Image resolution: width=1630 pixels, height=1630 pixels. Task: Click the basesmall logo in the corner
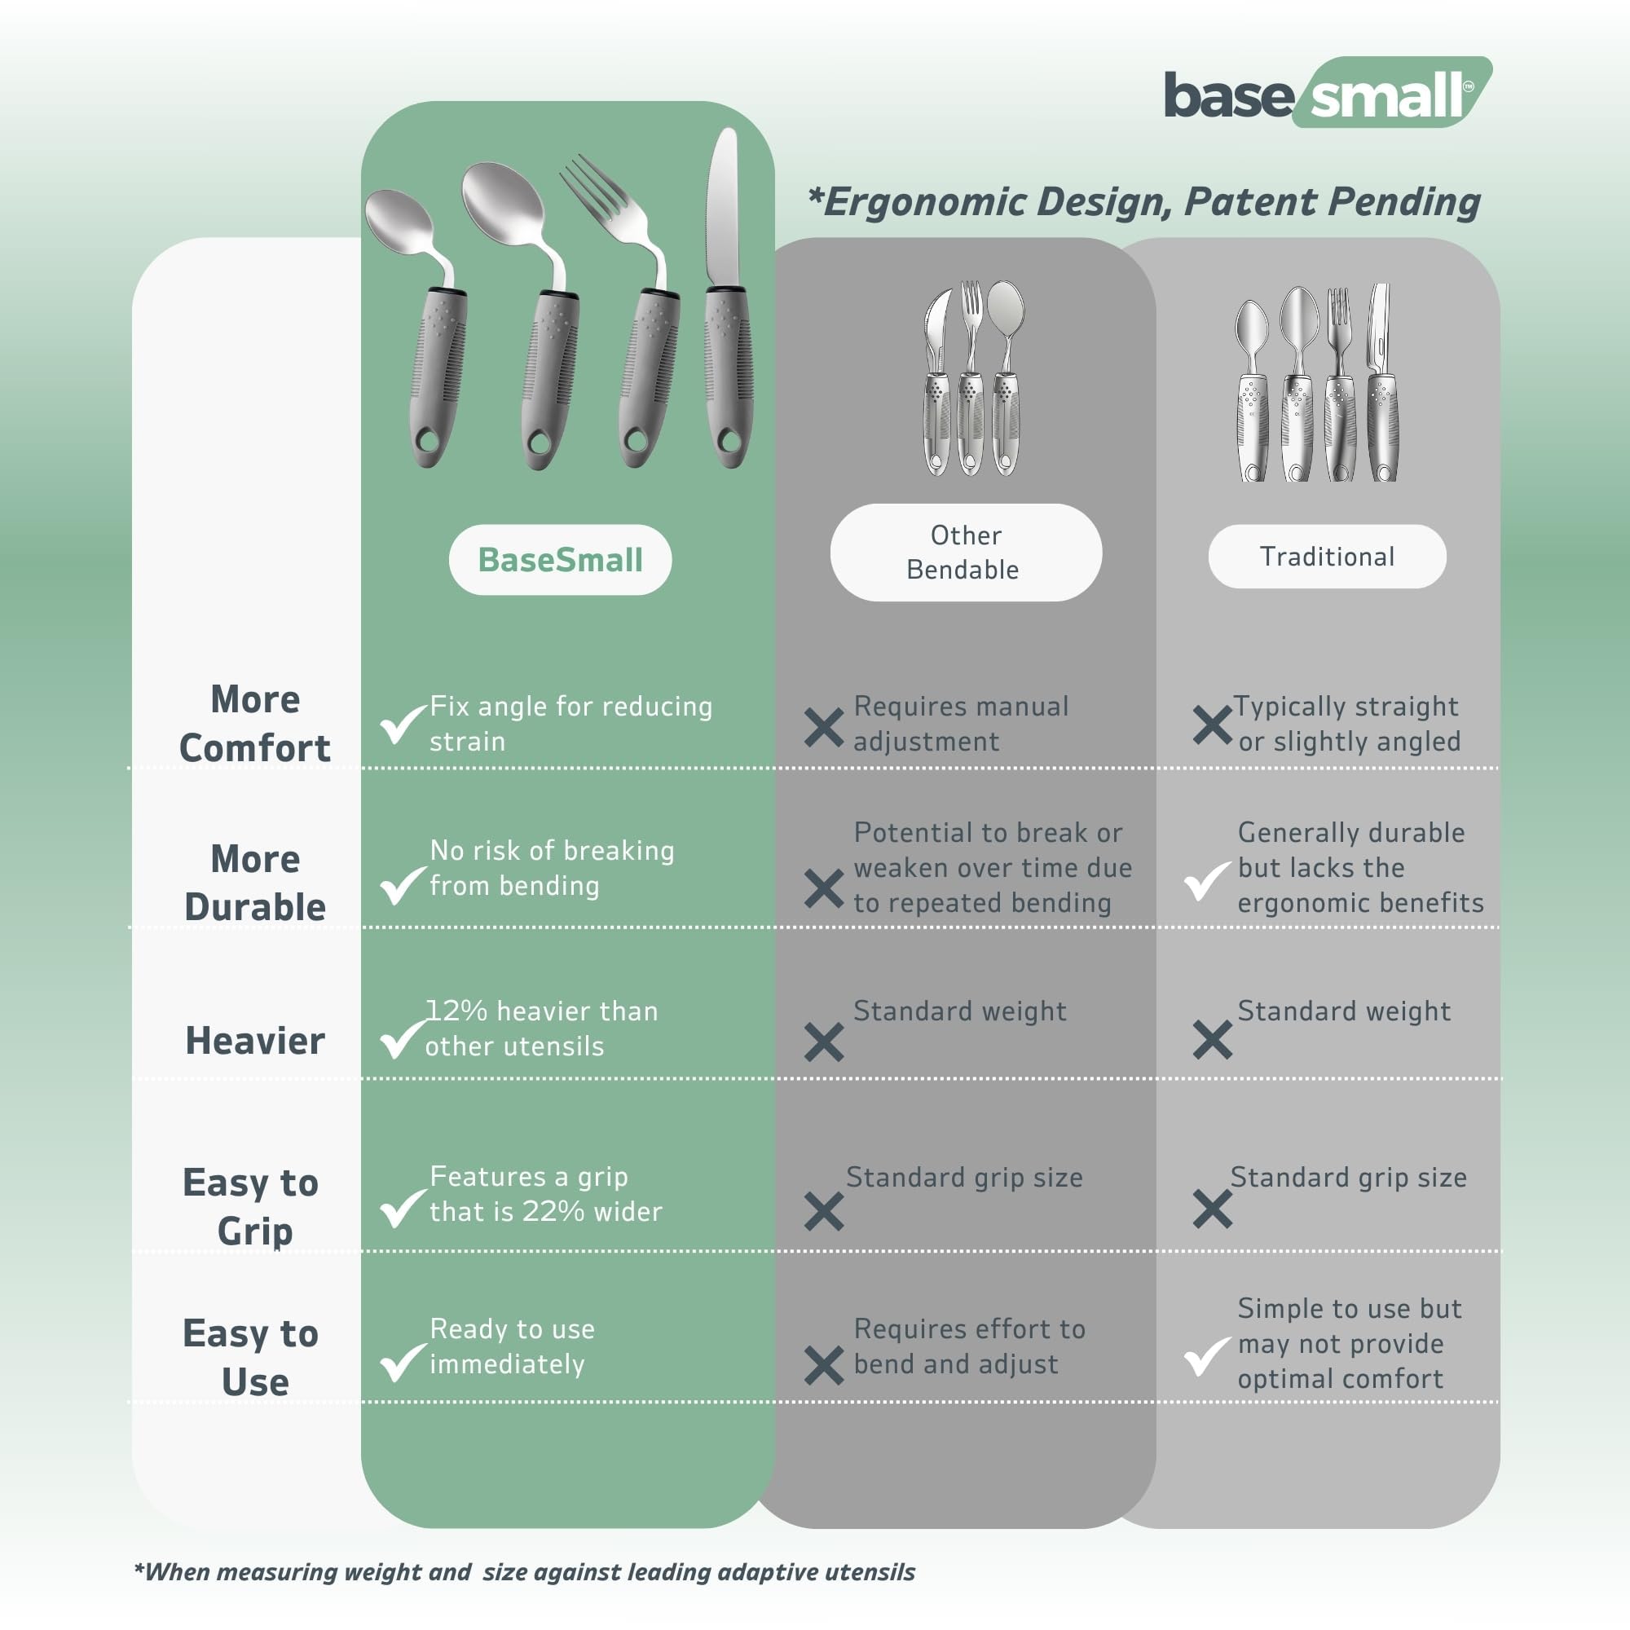pyautogui.click(x=1328, y=93)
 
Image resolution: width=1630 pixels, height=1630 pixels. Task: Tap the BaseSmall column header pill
pyautogui.click(x=560, y=559)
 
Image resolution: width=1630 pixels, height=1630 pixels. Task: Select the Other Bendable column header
pyautogui.click(x=966, y=553)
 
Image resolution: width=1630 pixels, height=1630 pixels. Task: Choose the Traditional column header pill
pyautogui.click(x=1327, y=557)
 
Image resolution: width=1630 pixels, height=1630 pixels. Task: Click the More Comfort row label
pyautogui.click(x=255, y=724)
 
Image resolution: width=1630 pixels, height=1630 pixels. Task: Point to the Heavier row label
pyautogui.click(x=255, y=1040)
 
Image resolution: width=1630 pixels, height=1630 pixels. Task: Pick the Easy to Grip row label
pyautogui.click(x=251, y=1206)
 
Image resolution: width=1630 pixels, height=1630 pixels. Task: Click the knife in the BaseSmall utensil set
pyautogui.click(x=727, y=297)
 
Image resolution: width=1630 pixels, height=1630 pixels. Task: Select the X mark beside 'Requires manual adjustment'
pyautogui.click(x=823, y=727)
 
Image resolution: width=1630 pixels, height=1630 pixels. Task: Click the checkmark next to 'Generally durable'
pyautogui.click(x=1207, y=882)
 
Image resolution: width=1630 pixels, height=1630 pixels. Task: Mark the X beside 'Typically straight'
pyautogui.click(x=1213, y=725)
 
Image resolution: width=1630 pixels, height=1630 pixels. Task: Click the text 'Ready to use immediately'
pyautogui.click(x=512, y=1346)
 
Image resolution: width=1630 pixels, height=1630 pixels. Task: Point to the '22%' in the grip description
pyautogui.click(x=553, y=1212)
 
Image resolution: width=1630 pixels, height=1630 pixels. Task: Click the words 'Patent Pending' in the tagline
pyautogui.click(x=1333, y=201)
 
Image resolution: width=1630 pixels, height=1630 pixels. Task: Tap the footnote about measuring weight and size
pyautogui.click(x=524, y=1572)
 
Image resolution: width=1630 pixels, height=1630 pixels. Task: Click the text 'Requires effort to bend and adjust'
pyautogui.click(x=969, y=1346)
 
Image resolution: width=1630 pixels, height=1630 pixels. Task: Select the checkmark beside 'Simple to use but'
pyautogui.click(x=1207, y=1357)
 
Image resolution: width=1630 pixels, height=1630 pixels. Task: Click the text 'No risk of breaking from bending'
pyautogui.click(x=552, y=868)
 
